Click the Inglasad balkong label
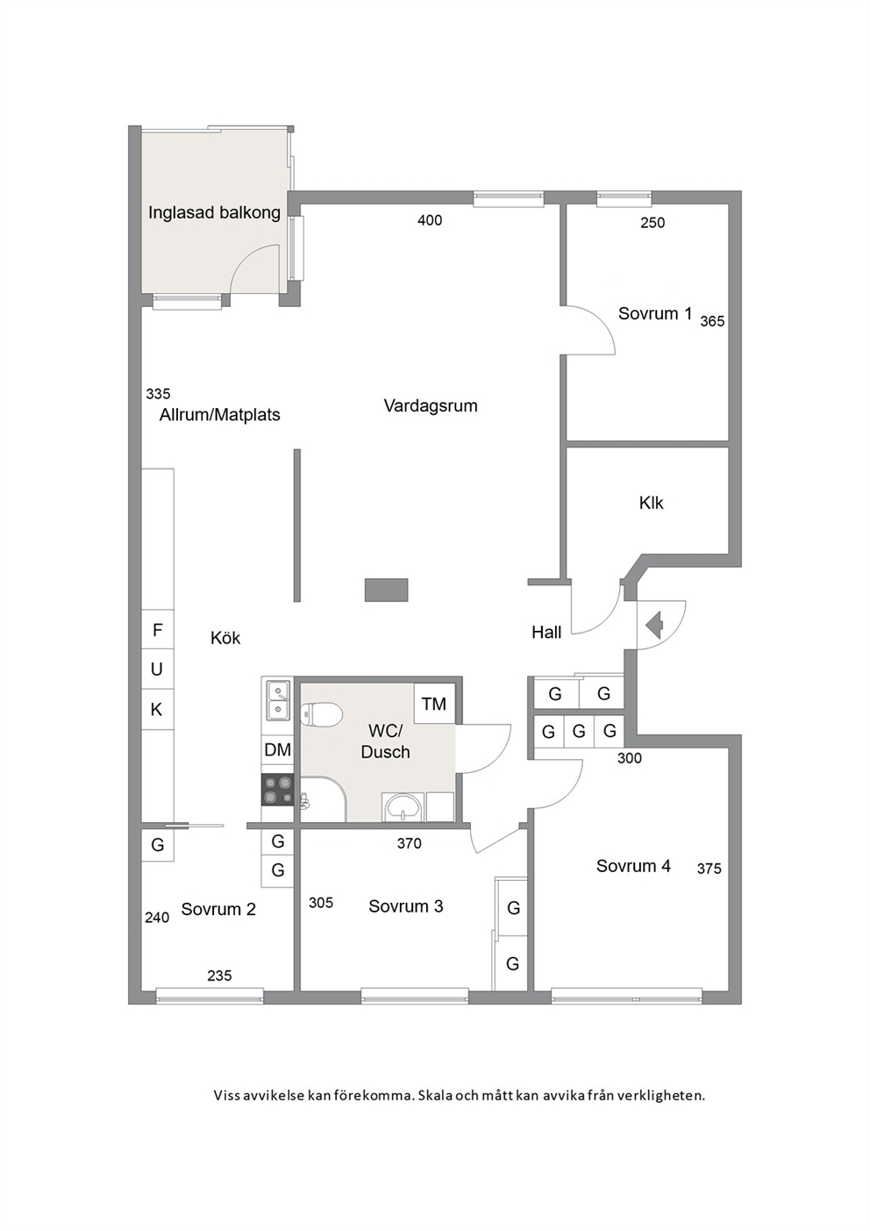click(x=214, y=213)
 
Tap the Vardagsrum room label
click(x=431, y=406)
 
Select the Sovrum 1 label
click(x=655, y=313)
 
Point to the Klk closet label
click(x=651, y=502)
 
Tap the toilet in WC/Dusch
click(x=322, y=715)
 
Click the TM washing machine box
click(x=434, y=704)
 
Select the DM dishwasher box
click(x=277, y=750)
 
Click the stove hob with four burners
click(x=277, y=790)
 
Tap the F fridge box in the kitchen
click(x=158, y=630)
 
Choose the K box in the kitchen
click(x=158, y=710)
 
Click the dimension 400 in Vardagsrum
click(x=430, y=220)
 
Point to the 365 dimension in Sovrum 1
click(x=712, y=321)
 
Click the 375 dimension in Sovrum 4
click(x=710, y=869)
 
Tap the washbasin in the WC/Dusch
click(x=403, y=806)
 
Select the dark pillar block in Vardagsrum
click(x=387, y=590)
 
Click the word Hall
click(x=546, y=633)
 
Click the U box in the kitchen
click(x=158, y=669)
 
